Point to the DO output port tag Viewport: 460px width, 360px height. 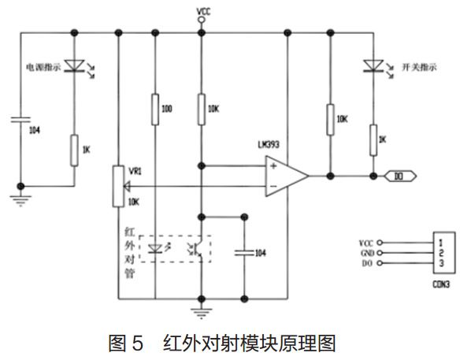coord(399,176)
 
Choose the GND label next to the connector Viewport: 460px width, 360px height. coord(366,253)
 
